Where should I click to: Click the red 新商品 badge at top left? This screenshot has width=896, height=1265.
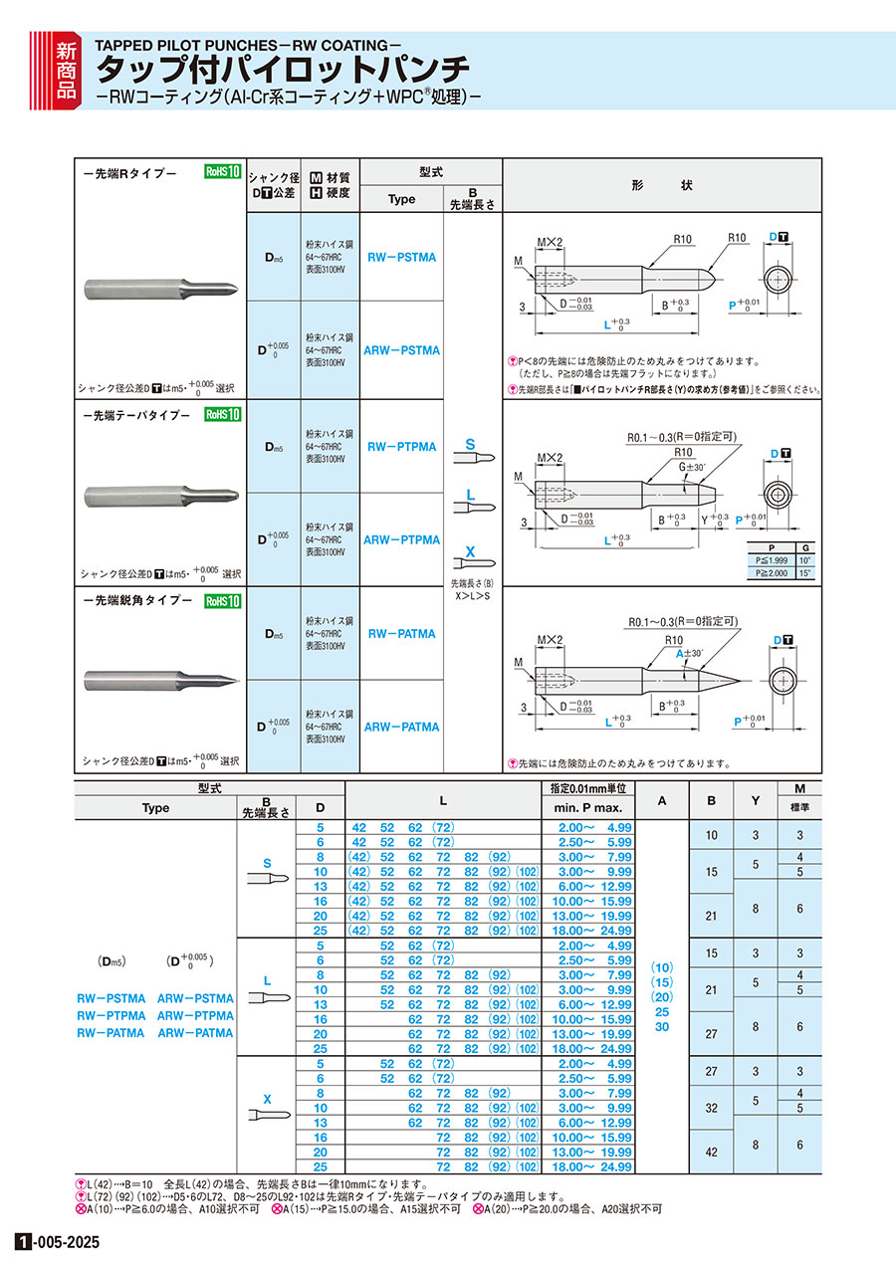tap(64, 69)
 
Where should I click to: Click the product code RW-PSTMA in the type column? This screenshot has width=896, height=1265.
tap(401, 257)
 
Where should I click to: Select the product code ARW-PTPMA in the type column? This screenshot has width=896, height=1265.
tap(401, 540)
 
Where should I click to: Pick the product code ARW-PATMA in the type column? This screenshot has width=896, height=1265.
tap(401, 728)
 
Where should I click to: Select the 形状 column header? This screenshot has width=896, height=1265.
tap(661, 185)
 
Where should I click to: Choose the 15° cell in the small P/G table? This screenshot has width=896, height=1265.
tap(803, 573)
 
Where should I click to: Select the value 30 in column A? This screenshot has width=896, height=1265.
tap(662, 1026)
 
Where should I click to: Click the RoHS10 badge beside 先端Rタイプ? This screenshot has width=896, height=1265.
tap(223, 171)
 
